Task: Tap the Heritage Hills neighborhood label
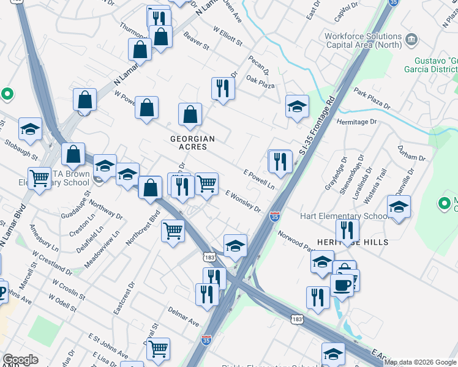coord(352,242)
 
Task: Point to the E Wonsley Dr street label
coord(243,200)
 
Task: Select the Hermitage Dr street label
coord(357,122)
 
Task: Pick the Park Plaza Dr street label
coord(371,98)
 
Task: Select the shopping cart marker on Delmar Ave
coord(159,349)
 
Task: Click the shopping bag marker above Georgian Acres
coord(190,113)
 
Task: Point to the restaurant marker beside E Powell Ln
coord(280,161)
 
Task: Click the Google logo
coord(20,360)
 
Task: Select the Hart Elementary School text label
coord(343,216)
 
